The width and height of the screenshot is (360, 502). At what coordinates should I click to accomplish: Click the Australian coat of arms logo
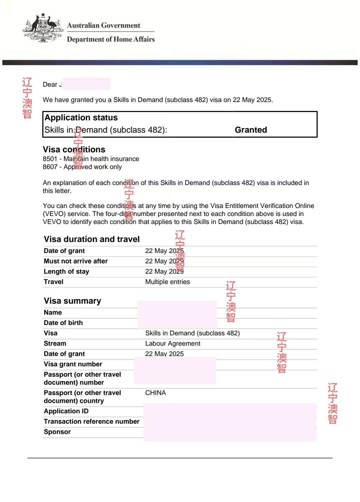pos(43,28)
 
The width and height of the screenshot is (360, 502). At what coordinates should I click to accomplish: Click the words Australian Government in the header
pos(103,25)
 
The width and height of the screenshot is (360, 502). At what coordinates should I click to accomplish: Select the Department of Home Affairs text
pos(111,39)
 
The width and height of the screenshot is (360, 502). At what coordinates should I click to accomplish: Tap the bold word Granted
pos(251,130)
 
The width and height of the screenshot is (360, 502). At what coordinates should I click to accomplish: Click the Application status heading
pos(81,118)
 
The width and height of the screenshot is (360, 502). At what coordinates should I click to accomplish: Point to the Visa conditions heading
pos(74,149)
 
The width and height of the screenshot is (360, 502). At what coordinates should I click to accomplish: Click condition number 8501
pos(50,159)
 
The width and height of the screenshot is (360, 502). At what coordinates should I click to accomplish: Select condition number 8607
pos(50,167)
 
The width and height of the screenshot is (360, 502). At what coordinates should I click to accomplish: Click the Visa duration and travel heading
pos(92,239)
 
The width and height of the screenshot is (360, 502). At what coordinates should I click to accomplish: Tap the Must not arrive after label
pos(76,261)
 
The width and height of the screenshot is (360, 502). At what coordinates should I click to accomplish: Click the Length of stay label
pos(66,271)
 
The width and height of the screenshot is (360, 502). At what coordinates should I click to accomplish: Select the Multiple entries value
pos(167,282)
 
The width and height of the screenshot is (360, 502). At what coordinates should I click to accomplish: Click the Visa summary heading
pos(72,301)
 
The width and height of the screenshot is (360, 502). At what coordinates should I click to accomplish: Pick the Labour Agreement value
pos(173,343)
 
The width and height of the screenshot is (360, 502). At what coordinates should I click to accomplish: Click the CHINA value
pos(155,393)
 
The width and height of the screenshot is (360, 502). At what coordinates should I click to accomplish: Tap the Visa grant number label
pos(73,364)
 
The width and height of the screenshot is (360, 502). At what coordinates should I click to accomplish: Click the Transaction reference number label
pos(92,421)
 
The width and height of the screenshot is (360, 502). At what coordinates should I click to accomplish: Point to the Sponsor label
pos(57,432)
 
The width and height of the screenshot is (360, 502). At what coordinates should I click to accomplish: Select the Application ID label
pos(66,411)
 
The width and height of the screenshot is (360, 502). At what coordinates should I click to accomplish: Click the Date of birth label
pos(63,323)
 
